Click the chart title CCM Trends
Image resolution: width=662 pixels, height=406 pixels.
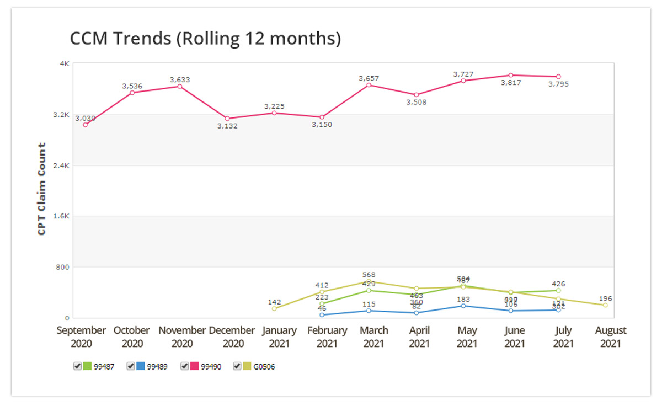tap(205, 39)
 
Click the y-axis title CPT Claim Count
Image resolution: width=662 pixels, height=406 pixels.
tap(41, 189)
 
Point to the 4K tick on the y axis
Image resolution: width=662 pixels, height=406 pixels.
tap(64, 64)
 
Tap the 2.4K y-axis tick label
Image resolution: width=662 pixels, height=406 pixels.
tap(60, 165)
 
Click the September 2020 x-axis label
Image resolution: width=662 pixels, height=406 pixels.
tap(81, 336)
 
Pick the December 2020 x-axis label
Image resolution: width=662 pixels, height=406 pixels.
tap(232, 336)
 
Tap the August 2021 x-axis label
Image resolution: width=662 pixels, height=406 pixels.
tap(611, 336)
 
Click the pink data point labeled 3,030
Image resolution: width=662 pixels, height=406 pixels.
tap(86, 125)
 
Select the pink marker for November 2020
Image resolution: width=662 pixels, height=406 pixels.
tap(180, 87)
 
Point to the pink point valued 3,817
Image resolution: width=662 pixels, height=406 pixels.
tap(511, 75)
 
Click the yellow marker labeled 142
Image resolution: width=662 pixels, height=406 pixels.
tap(274, 309)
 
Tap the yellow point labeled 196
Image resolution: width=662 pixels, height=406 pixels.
tap(605, 305)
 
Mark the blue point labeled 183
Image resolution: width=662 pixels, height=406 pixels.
tap(463, 306)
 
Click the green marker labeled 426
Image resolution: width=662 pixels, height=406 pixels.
tap(558, 290)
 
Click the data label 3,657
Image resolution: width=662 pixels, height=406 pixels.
tap(369, 78)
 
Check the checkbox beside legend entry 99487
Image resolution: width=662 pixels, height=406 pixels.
tap(77, 366)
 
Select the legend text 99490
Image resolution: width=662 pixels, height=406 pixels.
tap(211, 367)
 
